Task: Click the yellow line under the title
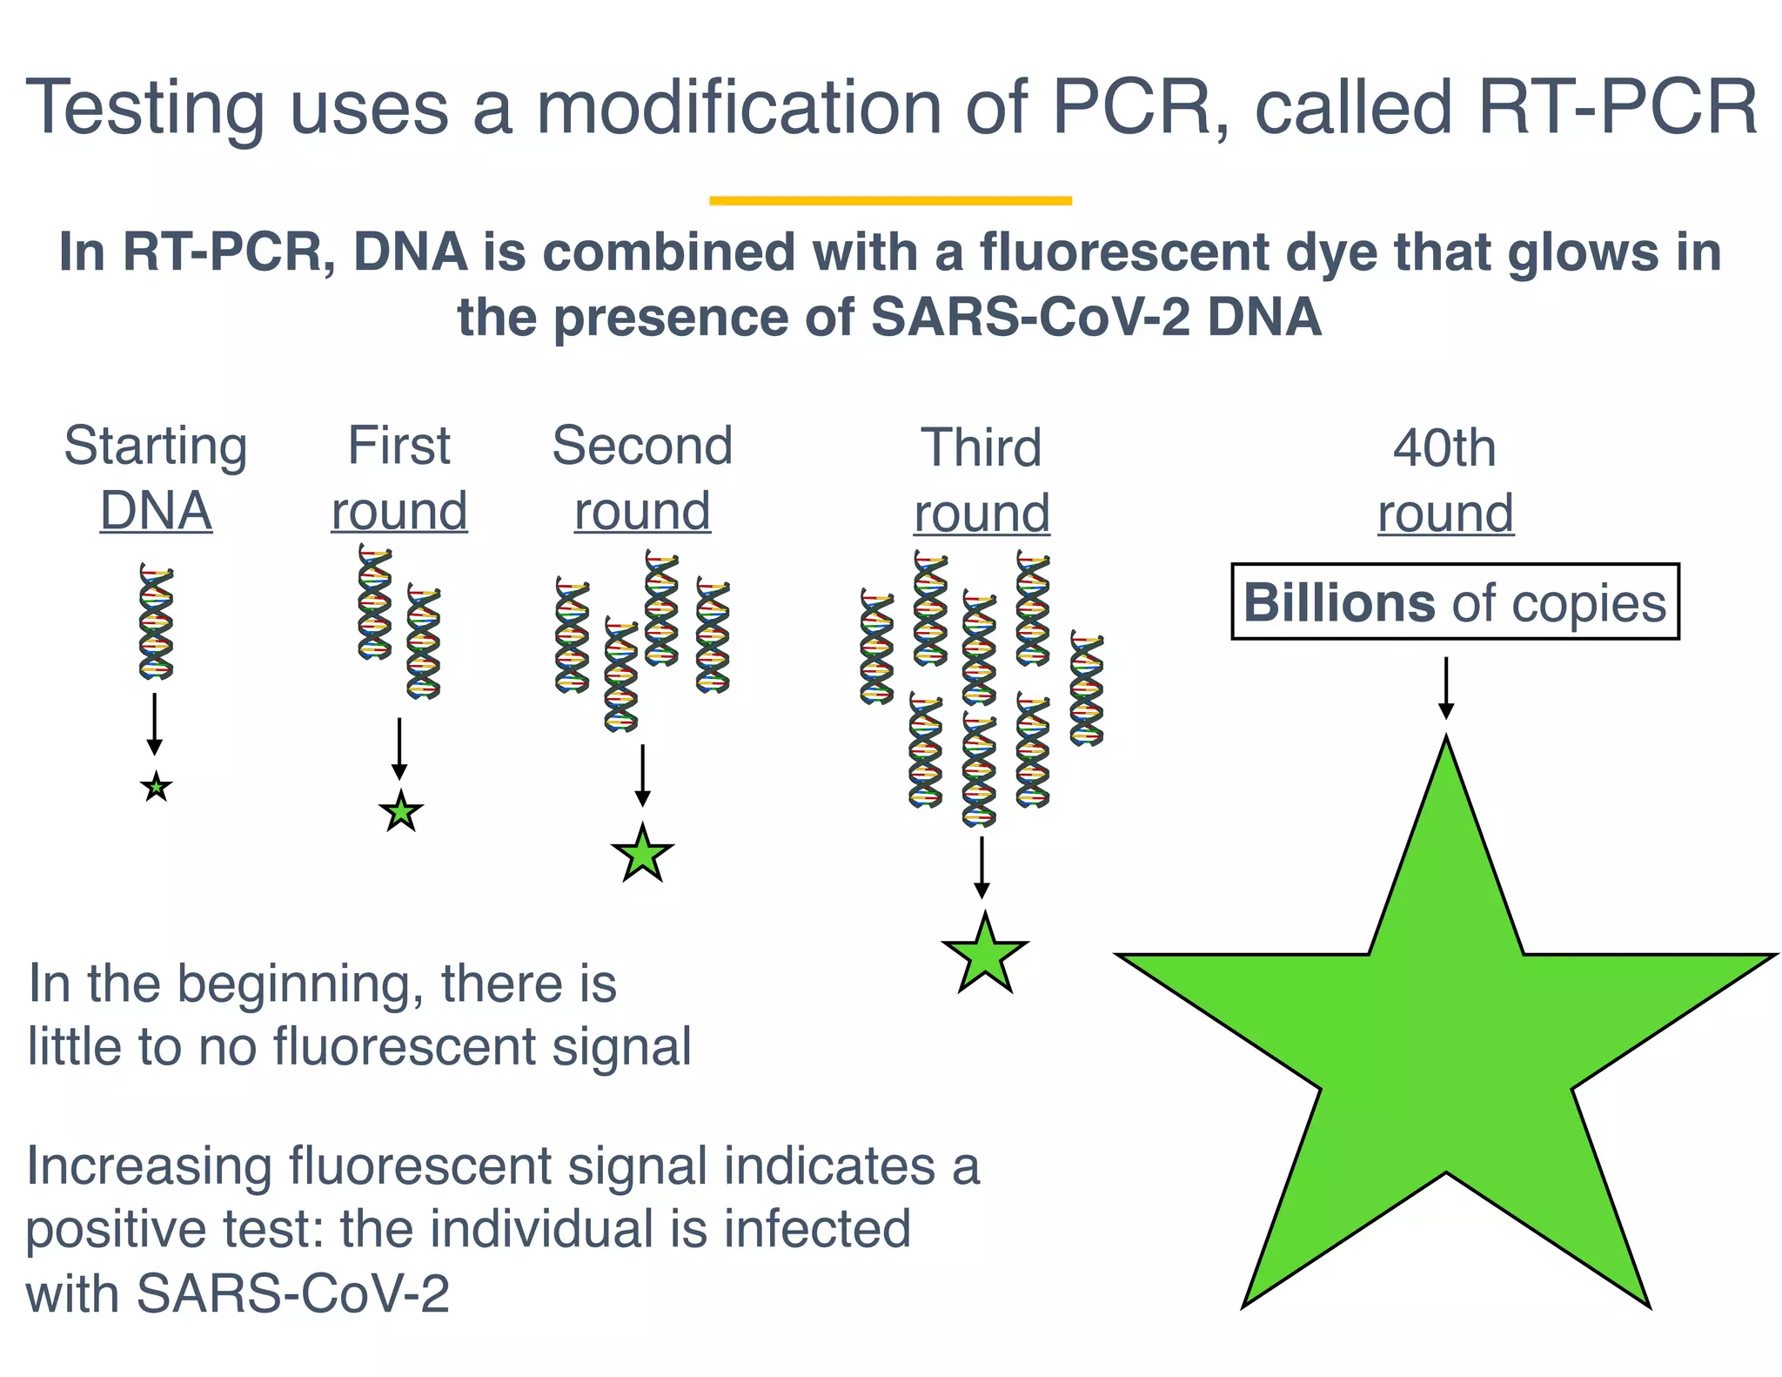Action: pos(890,200)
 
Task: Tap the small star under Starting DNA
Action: pos(156,788)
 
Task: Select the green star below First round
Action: pos(401,813)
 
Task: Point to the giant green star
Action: pos(1445,1045)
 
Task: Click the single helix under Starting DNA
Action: pos(156,621)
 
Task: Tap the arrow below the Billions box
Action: pos(1445,688)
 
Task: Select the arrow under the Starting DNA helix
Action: pos(154,723)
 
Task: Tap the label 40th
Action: pos(1444,448)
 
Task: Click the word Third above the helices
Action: pos(981,448)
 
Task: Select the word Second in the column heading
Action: pos(642,446)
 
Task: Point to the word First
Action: pos(399,446)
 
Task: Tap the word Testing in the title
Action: pos(144,110)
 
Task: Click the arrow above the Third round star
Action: pos(981,867)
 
